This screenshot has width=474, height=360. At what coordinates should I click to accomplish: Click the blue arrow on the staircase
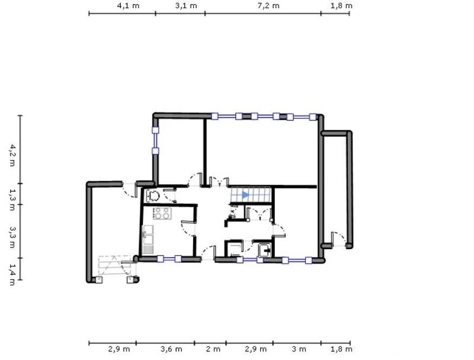245,195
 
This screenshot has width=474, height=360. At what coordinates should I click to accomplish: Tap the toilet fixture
153,196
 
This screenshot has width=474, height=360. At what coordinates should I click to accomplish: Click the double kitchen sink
148,237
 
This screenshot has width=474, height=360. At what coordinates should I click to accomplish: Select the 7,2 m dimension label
263,5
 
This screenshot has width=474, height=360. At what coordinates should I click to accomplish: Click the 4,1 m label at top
123,5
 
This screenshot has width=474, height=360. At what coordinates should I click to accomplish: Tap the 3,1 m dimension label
180,5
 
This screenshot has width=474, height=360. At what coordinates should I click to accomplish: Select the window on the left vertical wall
155,140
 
